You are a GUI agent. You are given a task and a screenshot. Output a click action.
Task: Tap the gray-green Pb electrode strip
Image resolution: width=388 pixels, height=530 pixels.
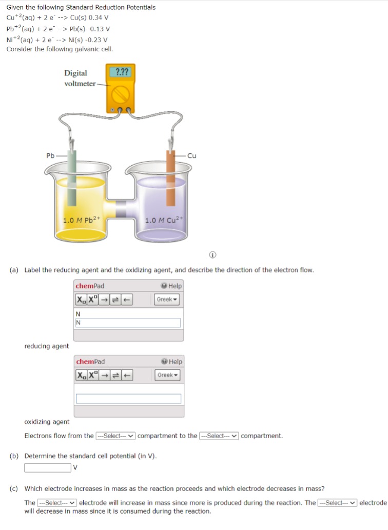pos(72,178)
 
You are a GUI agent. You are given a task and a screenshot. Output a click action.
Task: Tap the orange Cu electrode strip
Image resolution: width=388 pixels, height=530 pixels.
pos(171,178)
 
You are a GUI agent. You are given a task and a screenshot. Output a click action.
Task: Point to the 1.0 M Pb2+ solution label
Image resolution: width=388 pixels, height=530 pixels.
pos(82,220)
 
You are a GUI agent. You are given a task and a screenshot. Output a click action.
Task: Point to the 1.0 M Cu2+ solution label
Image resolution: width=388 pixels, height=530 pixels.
pos(164,220)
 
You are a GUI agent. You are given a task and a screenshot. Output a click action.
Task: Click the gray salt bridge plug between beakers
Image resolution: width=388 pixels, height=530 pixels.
pos(121,208)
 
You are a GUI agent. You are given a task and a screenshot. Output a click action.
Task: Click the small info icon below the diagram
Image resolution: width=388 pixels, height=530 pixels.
pos(212,254)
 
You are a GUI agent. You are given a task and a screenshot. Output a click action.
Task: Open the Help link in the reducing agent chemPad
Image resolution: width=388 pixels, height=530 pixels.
pos(172,286)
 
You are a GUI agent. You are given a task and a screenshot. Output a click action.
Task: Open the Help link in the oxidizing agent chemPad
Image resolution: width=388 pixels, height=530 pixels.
pos(172,361)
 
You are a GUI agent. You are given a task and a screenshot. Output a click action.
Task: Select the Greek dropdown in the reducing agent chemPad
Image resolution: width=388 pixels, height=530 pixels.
pos(167,300)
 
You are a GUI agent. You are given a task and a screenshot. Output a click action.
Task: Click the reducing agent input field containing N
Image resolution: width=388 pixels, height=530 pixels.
pos(128,323)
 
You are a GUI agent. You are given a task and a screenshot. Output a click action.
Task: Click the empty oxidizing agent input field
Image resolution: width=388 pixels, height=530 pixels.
pos(128,399)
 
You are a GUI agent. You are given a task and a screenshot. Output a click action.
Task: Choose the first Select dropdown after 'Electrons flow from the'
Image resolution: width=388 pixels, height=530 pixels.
pos(115,436)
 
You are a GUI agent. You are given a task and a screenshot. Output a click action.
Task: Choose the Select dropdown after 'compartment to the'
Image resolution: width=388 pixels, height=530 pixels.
pos(219,436)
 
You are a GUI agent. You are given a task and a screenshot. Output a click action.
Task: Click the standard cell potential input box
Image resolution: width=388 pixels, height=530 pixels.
pos(48,467)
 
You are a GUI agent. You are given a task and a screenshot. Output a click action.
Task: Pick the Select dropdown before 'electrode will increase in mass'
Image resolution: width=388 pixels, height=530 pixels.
pos(57,503)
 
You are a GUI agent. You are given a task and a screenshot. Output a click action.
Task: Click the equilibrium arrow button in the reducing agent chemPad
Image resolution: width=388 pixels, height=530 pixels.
pos(115,300)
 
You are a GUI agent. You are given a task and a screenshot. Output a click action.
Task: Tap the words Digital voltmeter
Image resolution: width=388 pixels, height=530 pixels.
pos(80,78)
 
